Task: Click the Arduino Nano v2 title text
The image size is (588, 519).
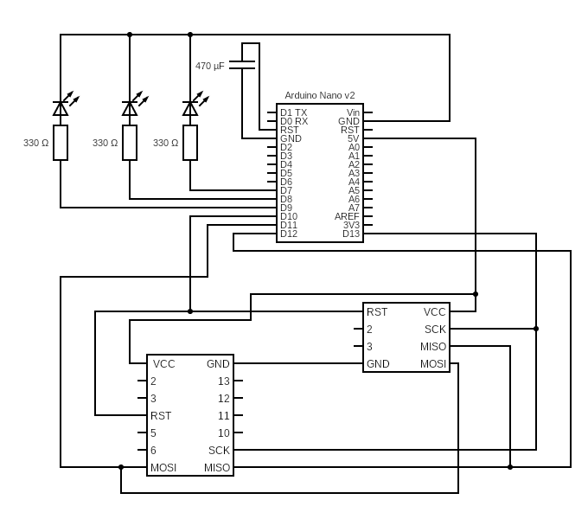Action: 320,95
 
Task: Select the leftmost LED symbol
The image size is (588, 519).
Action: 61,108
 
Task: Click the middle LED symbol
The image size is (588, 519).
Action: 130,108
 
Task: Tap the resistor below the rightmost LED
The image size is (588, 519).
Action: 190,143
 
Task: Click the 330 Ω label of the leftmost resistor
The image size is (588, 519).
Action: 35,143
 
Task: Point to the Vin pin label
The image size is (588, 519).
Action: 353,112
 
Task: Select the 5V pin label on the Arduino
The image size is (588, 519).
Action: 353,138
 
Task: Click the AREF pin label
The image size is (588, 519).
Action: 347,216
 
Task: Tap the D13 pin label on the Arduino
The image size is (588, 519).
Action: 350,234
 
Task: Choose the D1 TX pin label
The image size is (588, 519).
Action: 293,112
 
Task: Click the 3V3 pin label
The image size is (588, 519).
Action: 350,225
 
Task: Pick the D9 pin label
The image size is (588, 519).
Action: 286,208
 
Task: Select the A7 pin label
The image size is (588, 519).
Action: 354,208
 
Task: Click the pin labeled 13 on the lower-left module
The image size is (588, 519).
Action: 224,381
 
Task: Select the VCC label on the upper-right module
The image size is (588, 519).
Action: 435,312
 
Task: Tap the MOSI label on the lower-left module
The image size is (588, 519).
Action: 163,468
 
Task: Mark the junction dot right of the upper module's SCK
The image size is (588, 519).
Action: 536,329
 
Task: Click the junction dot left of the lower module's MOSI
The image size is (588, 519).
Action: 121,467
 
